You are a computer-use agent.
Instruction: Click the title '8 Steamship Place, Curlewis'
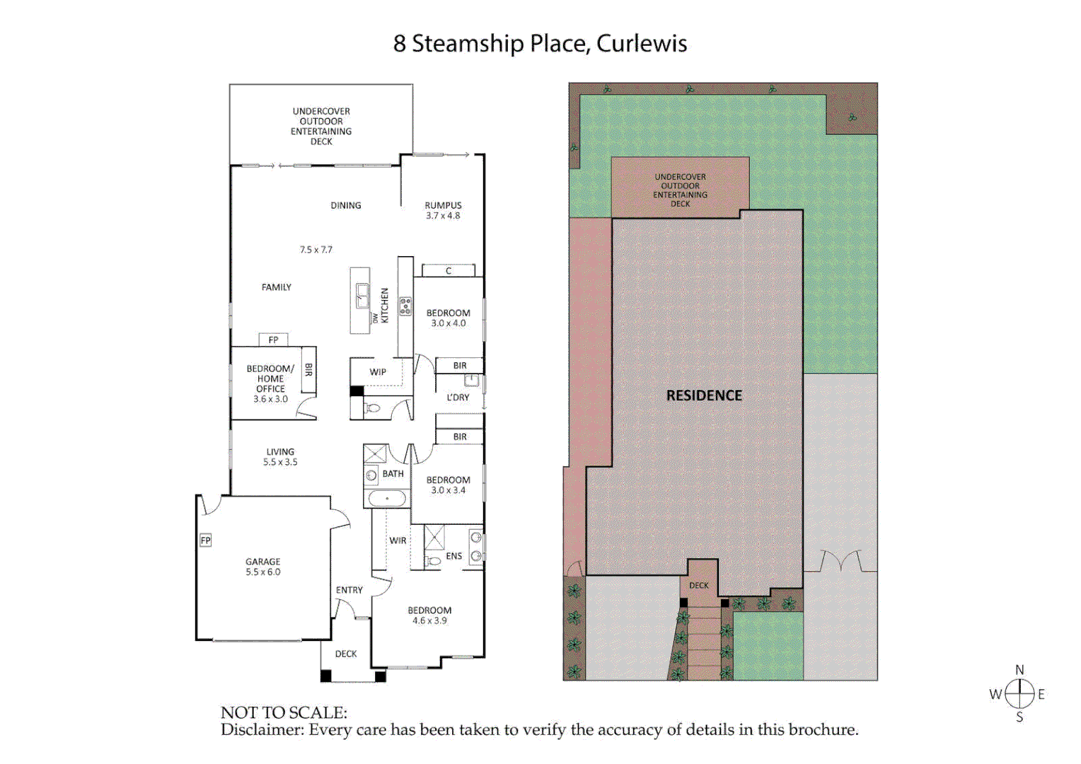tap(540, 43)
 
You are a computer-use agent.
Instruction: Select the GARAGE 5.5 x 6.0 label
tap(263, 567)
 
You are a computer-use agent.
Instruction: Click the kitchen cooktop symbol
tap(405, 306)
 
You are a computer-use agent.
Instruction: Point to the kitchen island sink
tap(362, 294)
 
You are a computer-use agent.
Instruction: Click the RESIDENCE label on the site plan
tap(704, 395)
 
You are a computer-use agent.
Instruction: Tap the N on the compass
tap(1019, 670)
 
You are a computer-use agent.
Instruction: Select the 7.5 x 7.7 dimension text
tap(316, 250)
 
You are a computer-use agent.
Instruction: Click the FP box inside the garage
tap(205, 540)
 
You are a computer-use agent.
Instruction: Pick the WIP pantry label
tap(378, 372)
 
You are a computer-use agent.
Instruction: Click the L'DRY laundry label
tap(458, 398)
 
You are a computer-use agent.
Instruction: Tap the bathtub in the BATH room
tap(387, 499)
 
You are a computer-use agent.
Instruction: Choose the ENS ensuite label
tap(453, 556)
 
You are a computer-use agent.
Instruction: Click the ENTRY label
tap(349, 590)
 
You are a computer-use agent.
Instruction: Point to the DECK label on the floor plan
tap(346, 654)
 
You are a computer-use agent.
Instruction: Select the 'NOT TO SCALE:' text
tap(284, 712)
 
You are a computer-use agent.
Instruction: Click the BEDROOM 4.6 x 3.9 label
tap(429, 615)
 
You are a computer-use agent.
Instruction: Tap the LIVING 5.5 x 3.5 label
tap(280, 457)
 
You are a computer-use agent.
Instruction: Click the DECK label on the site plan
tap(699, 586)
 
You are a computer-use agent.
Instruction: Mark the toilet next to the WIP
tap(373, 408)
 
